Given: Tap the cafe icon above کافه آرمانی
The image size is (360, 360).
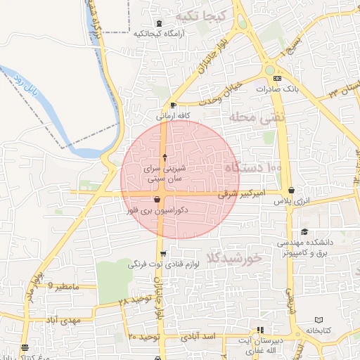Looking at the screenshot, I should [173, 105].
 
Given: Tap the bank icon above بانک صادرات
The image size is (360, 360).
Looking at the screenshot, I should [277, 79].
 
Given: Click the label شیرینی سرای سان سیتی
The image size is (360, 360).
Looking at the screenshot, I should [164, 174].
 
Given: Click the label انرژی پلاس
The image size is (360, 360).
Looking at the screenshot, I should [292, 202].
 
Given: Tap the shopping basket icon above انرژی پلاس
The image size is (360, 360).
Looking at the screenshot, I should [292, 191].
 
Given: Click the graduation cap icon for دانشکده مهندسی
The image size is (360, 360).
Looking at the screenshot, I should [304, 232].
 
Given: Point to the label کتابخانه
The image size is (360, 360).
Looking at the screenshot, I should [319, 330].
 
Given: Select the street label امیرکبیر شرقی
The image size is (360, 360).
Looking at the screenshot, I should [240, 192].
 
